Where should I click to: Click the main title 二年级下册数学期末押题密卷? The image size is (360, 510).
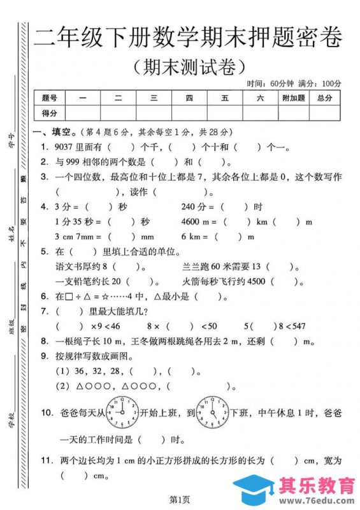point(188,38)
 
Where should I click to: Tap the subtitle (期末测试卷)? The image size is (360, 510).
point(188,66)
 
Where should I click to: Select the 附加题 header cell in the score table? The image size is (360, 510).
point(293,98)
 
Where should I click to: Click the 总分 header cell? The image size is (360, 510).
point(324,98)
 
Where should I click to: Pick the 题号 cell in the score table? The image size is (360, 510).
point(50,98)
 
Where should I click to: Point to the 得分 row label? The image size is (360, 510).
point(50,113)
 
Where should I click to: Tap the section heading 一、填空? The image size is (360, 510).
point(54,133)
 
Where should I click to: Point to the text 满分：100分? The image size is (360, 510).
point(319,84)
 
